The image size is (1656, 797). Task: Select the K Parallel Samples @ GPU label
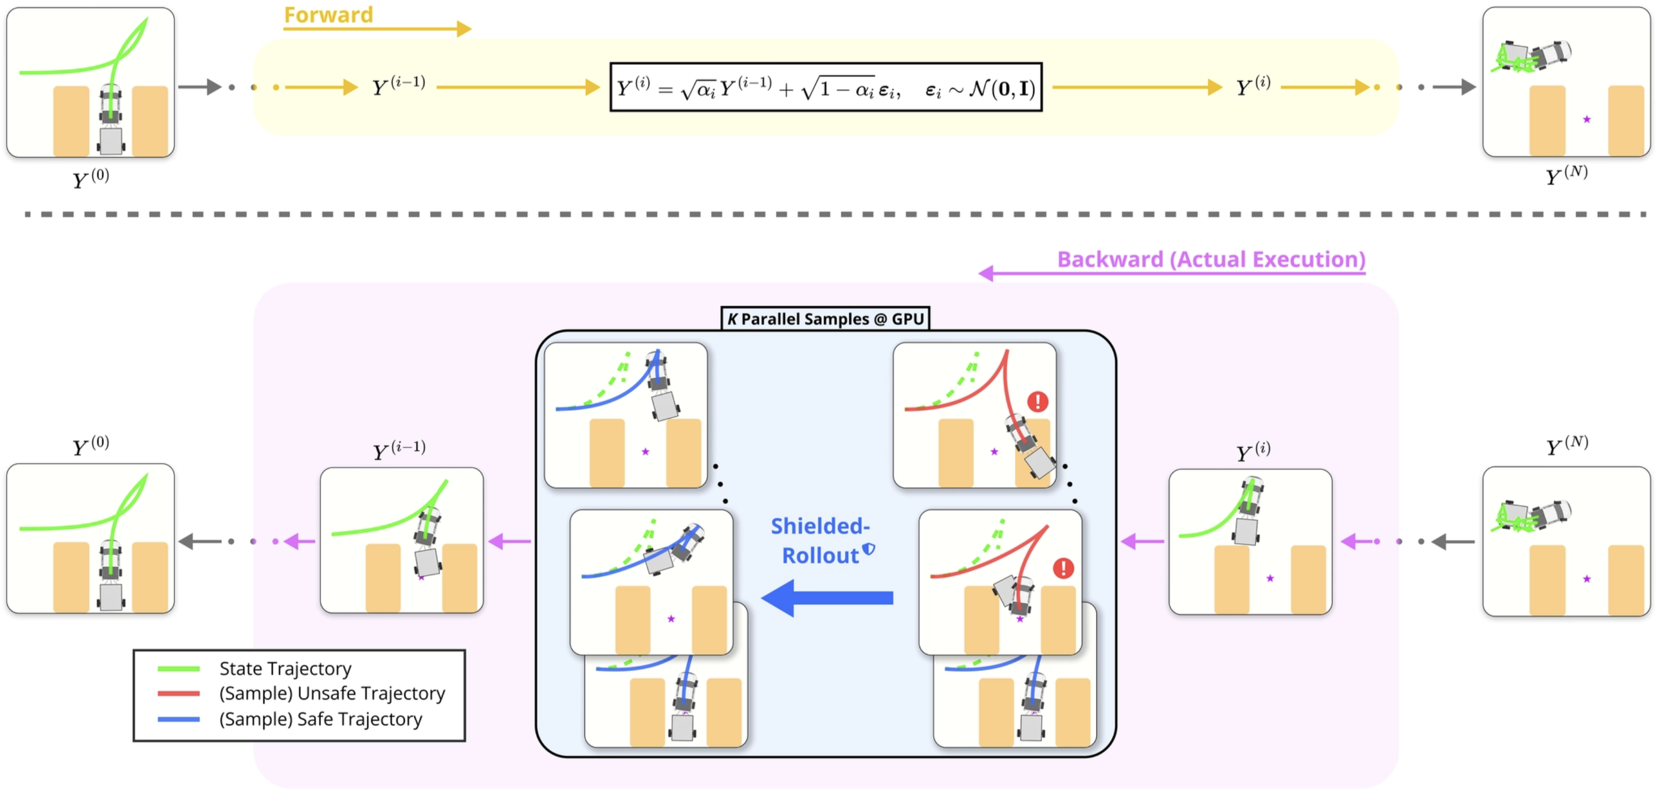coord(825,319)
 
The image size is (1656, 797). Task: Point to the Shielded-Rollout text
coord(820,540)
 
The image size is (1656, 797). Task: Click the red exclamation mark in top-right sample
coord(1038,402)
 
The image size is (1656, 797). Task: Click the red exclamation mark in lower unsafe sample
coord(1063,568)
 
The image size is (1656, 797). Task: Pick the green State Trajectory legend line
coord(178,669)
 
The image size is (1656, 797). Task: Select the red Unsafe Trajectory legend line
coord(178,694)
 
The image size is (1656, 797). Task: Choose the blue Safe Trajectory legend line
coord(178,719)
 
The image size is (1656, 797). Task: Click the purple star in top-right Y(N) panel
coord(1587,120)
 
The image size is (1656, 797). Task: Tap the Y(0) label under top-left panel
coord(91,178)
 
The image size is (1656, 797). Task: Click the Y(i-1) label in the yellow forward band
coord(399,86)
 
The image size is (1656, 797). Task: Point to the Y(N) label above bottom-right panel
coord(1567,445)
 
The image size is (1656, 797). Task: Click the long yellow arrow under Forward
coord(377,29)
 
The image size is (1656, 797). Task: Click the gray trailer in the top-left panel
coord(111,141)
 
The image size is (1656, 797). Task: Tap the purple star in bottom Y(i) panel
coord(1270,578)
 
